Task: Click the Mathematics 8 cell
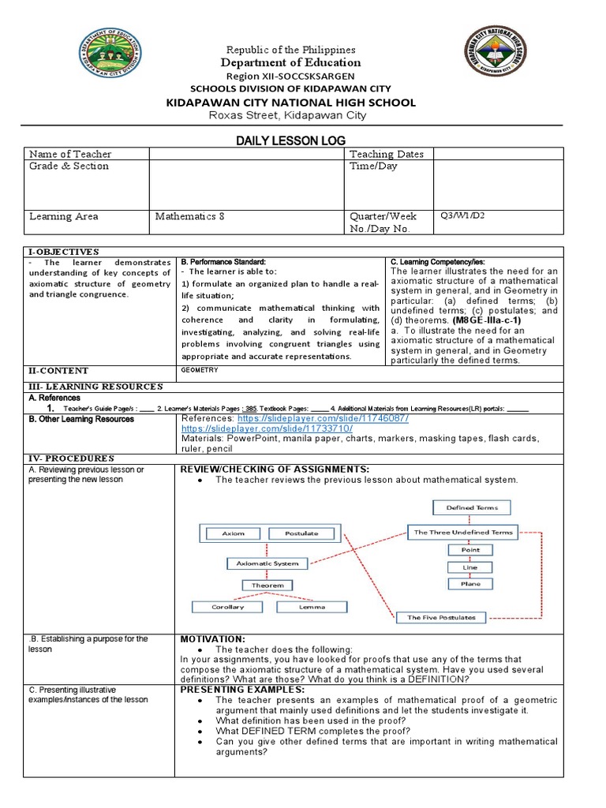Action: (x=189, y=216)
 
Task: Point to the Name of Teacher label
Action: (x=70, y=154)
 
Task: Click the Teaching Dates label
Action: (x=386, y=154)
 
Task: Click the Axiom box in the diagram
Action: (x=233, y=533)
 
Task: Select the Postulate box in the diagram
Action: (x=301, y=533)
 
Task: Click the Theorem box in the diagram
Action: (x=267, y=585)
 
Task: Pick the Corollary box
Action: (x=227, y=607)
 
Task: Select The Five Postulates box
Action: (x=441, y=617)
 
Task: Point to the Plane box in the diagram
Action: (x=465, y=584)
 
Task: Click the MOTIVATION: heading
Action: (x=213, y=638)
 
